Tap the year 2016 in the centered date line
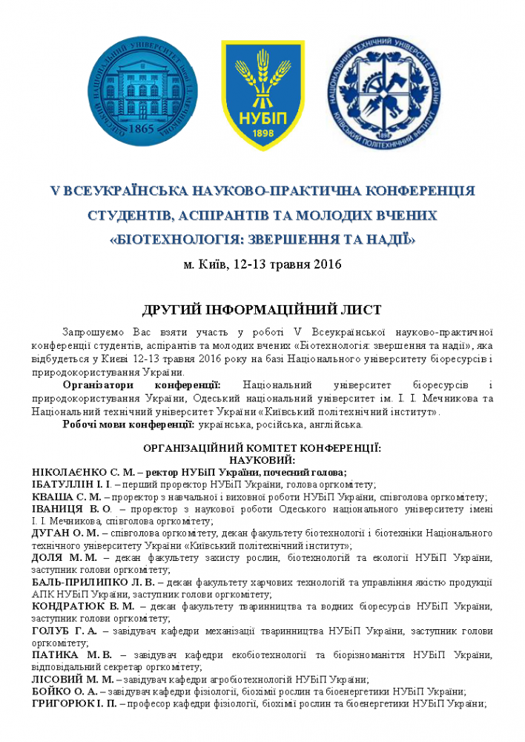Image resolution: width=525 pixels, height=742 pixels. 326,263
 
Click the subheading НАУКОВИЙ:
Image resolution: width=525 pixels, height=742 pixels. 262,460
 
